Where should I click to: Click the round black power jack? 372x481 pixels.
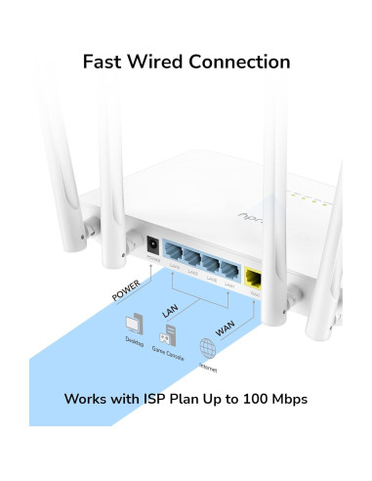pyautogui.click(x=153, y=247)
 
